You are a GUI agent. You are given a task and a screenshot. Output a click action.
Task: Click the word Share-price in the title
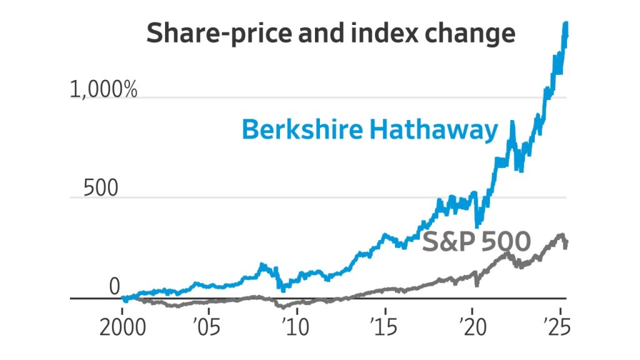pos(200,34)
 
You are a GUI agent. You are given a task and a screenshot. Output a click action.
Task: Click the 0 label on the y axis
pos(114,287)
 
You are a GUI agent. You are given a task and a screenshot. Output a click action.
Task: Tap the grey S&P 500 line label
pos(476,241)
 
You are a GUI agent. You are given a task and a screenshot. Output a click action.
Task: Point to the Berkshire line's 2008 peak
pos(262,265)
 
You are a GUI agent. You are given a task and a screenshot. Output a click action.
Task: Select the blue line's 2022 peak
pos(512,122)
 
